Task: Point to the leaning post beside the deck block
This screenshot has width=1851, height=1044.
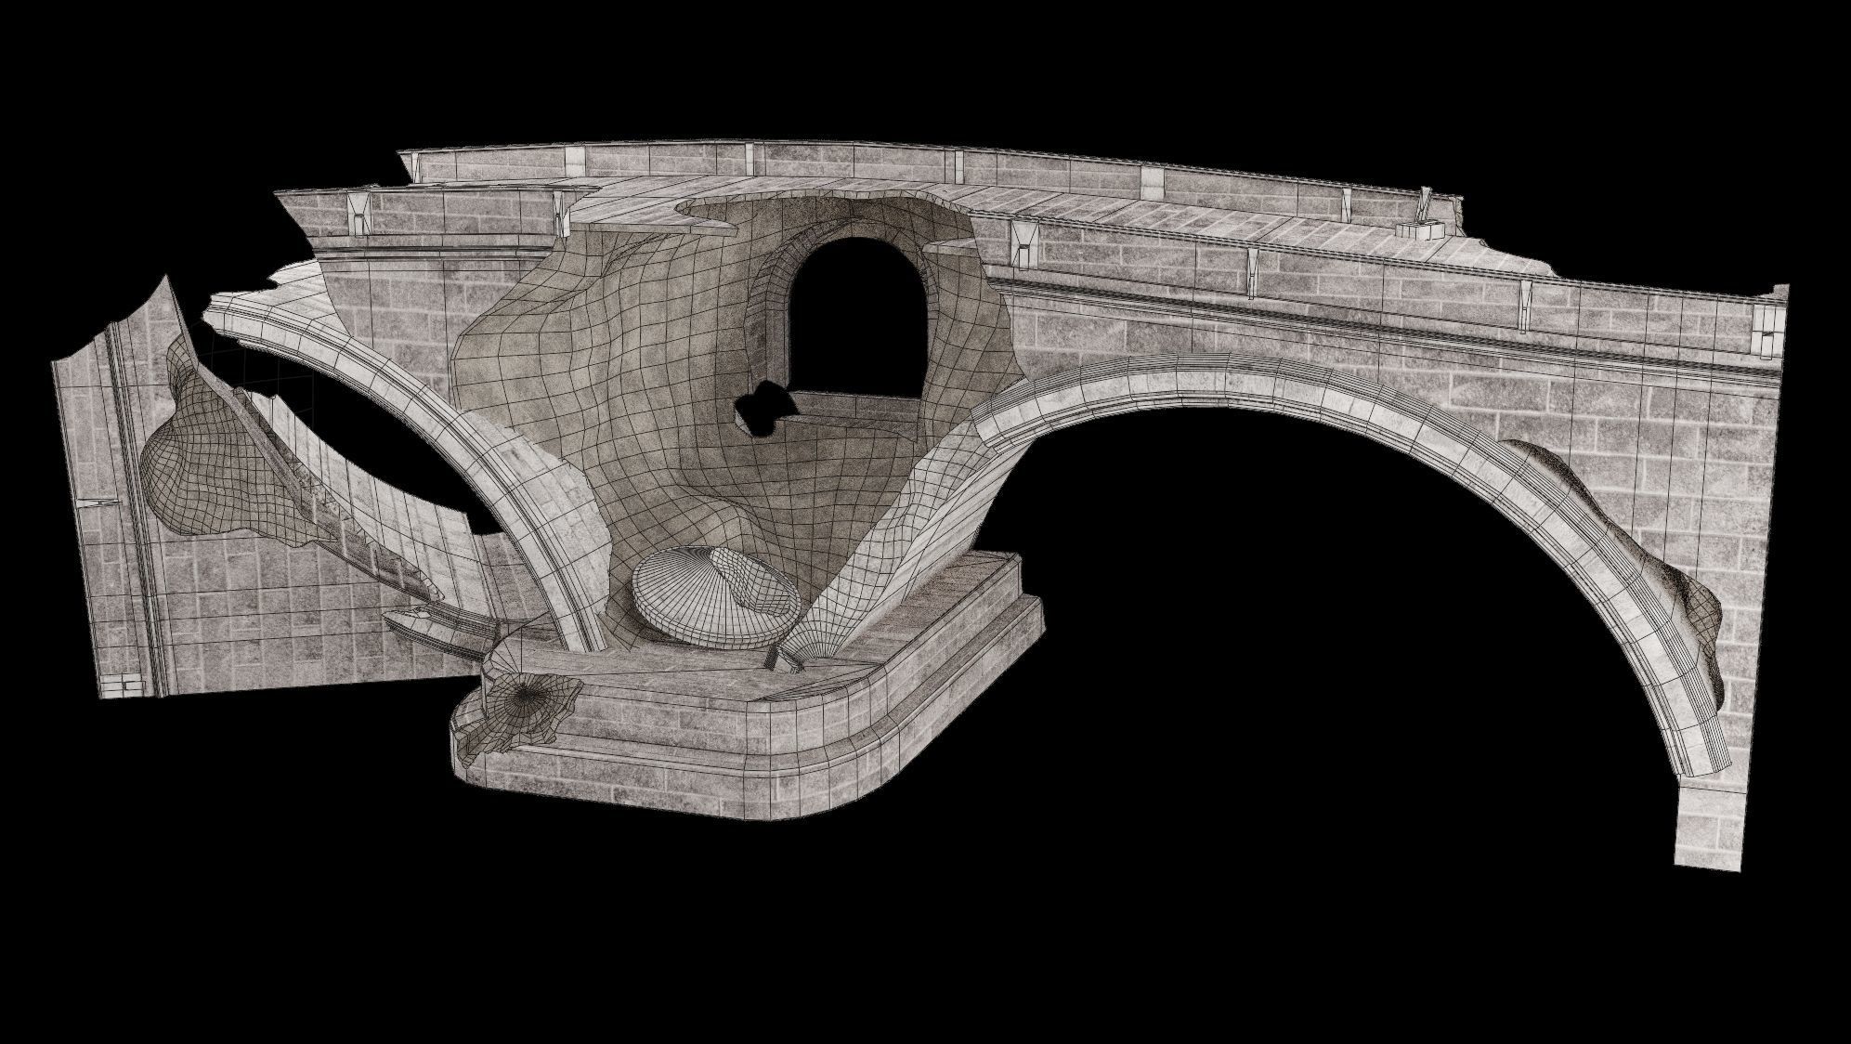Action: pyautogui.click(x=1424, y=200)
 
